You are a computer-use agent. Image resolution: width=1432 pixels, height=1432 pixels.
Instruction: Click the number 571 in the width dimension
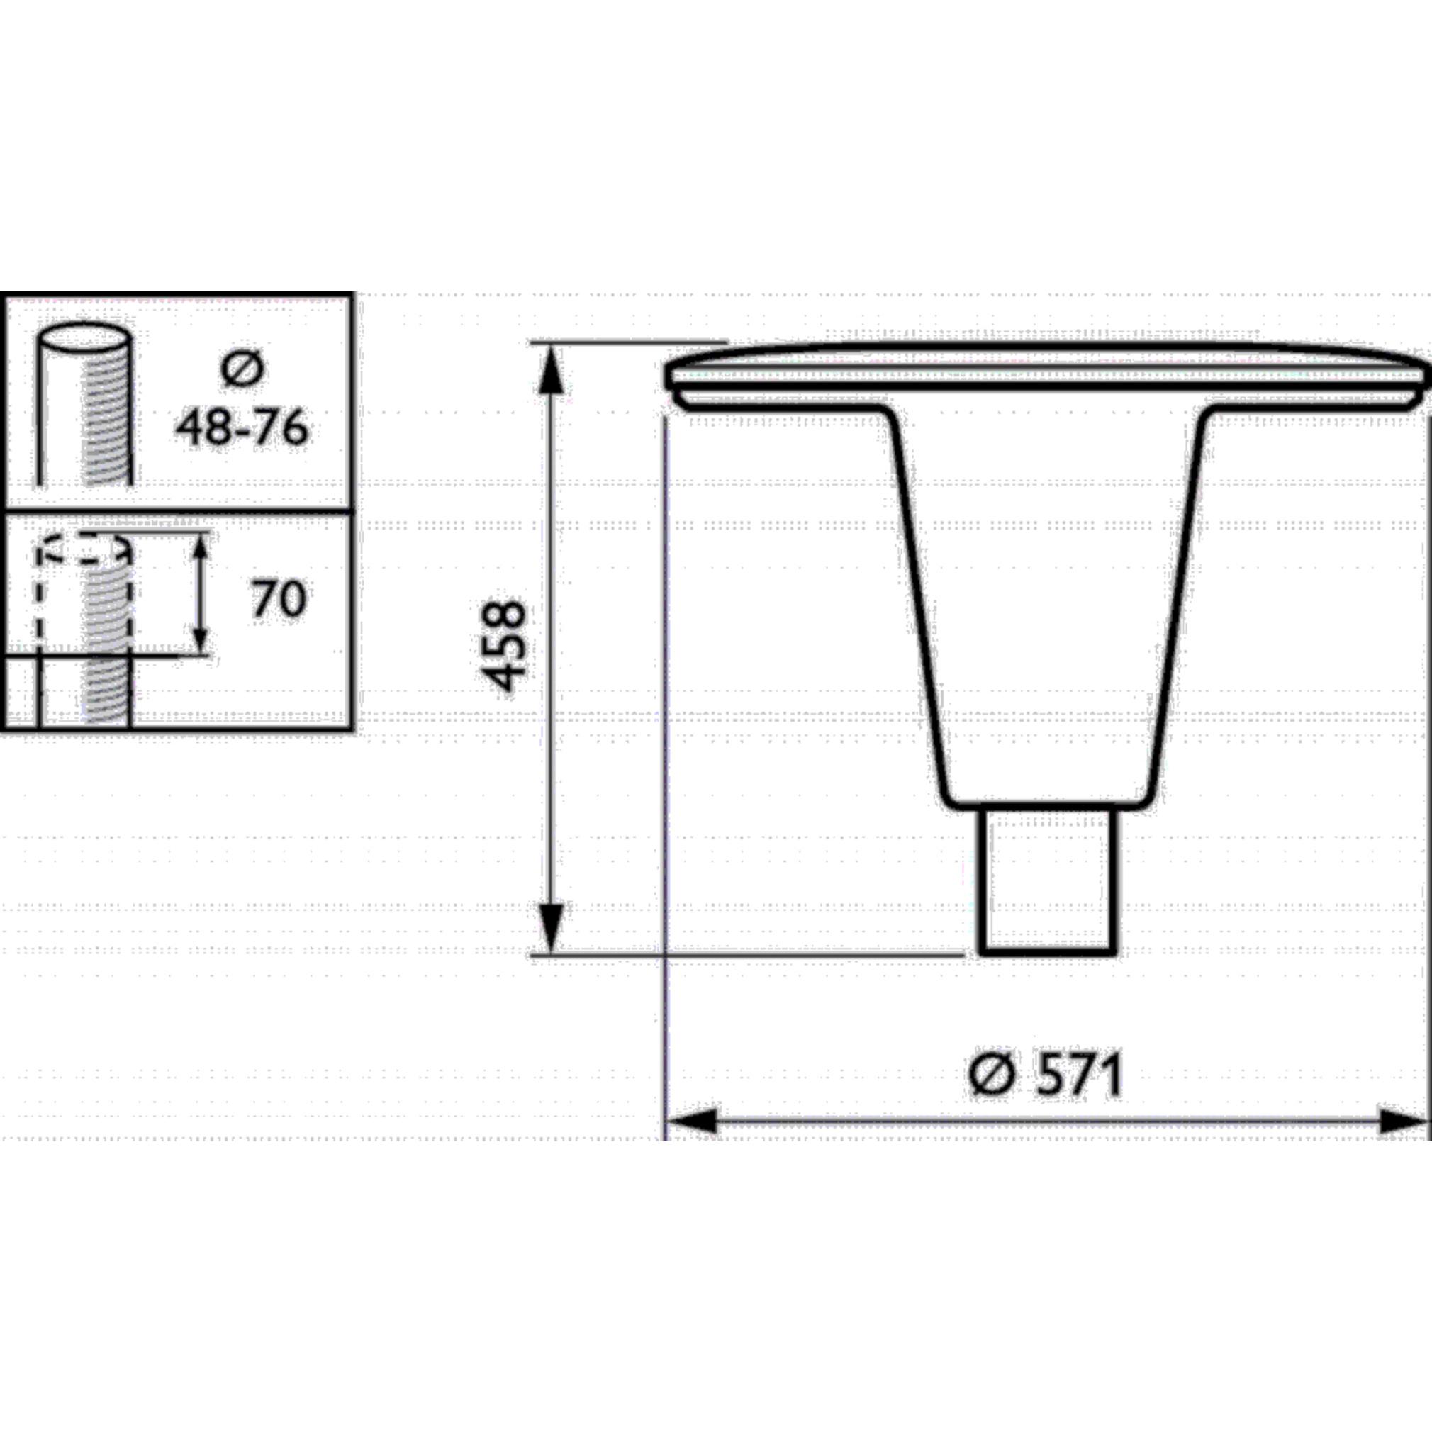[x=1078, y=1075]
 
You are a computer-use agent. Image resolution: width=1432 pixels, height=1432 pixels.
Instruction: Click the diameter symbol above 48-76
[x=242, y=369]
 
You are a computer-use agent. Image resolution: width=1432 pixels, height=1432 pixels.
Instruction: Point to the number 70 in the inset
[x=278, y=599]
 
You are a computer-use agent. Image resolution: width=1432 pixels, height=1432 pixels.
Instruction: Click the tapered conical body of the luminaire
[x=1047, y=593]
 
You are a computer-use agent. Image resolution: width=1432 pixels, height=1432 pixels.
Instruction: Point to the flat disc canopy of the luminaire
[x=1047, y=374]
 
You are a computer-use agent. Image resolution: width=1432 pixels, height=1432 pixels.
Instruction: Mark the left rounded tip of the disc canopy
[x=671, y=378]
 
